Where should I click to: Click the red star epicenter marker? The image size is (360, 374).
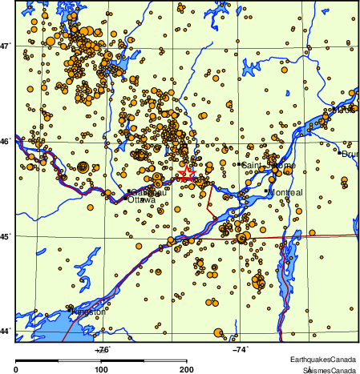coord(186,173)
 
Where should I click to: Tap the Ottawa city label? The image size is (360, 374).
coord(142,199)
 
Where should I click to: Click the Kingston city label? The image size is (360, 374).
coord(89,312)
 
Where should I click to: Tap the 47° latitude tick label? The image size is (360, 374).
coord(6,46)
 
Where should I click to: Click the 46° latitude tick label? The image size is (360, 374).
coord(6,142)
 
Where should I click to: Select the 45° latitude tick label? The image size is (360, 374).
coord(6,236)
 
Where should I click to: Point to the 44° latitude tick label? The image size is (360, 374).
coord(6,330)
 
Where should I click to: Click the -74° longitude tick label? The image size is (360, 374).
coord(239,348)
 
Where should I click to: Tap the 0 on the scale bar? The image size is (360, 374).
coord(17,369)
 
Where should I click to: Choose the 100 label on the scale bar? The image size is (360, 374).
coord(102,369)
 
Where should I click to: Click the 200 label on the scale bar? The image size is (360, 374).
coord(186,369)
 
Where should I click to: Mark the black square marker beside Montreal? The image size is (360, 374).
coord(266,191)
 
